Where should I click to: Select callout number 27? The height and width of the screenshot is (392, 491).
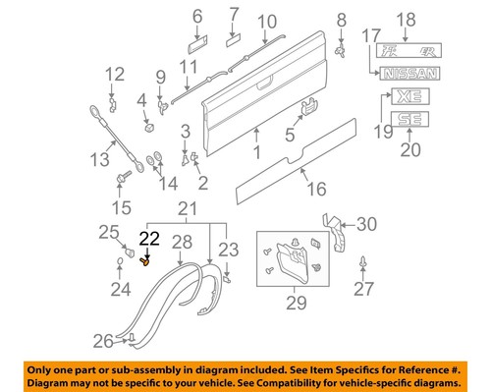(365, 290)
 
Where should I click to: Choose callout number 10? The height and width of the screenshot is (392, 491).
(267, 22)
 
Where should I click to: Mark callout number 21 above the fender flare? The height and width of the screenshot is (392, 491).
(187, 208)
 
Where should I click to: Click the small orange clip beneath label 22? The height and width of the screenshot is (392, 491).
(147, 261)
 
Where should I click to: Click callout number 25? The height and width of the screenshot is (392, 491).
(108, 232)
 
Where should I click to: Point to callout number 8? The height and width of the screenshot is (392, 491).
(341, 20)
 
